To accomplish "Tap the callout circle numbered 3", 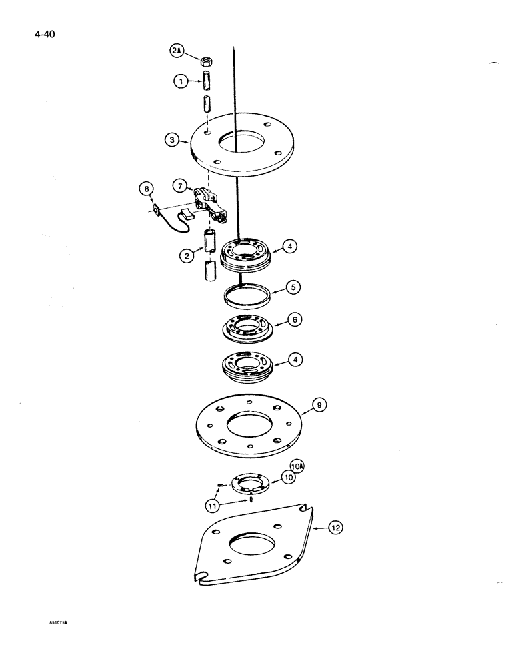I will [173, 140].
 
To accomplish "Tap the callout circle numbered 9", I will [319, 404].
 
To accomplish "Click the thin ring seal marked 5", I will [246, 294].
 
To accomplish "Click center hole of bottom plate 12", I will [251, 544].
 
